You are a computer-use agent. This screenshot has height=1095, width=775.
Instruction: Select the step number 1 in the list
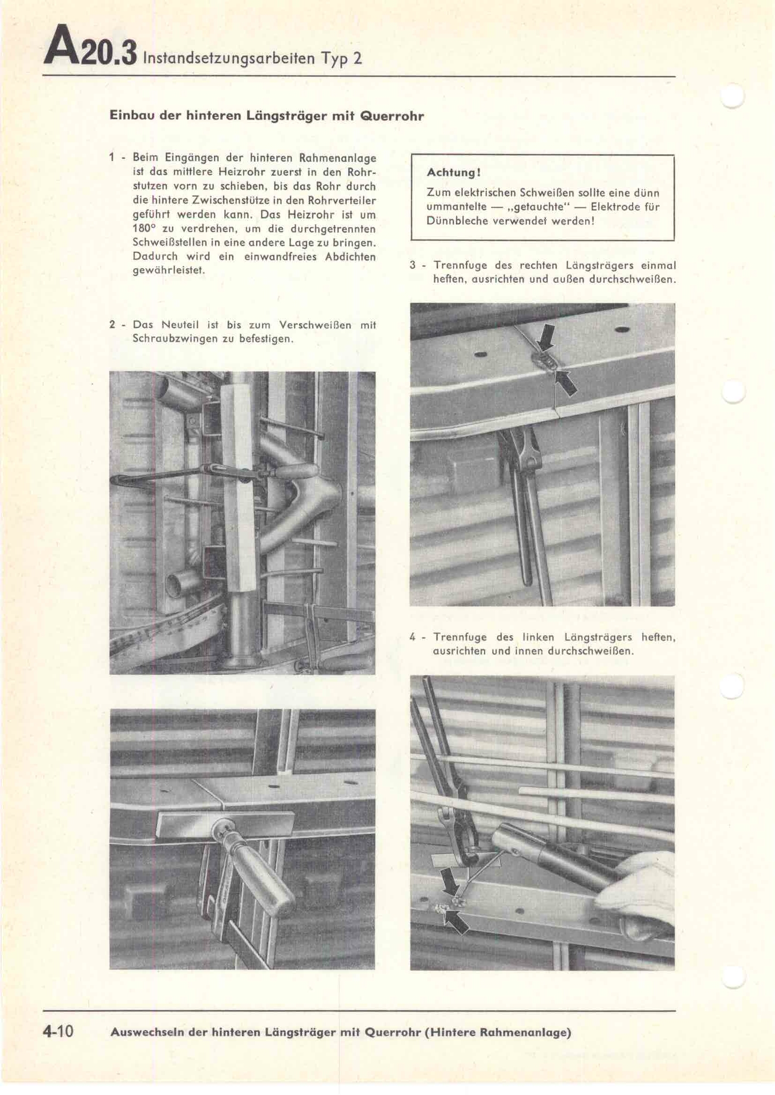pyautogui.click(x=112, y=157)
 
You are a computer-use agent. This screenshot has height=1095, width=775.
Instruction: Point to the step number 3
pyautogui.click(x=412, y=265)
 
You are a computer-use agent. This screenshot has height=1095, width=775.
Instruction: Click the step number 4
pyautogui.click(x=412, y=637)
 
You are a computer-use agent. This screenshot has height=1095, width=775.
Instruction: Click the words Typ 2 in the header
pyautogui.click(x=341, y=59)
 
